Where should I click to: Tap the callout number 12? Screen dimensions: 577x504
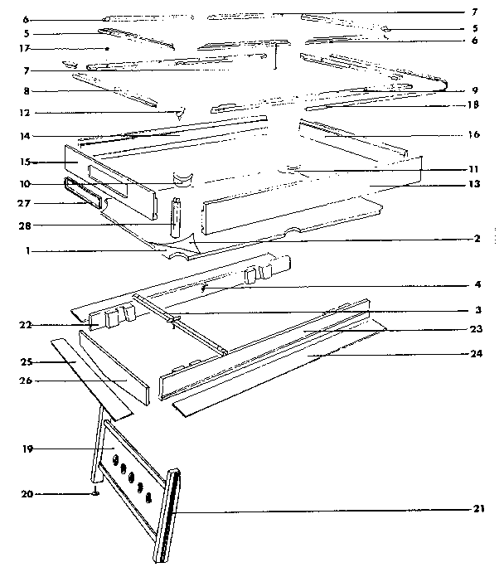click(27, 112)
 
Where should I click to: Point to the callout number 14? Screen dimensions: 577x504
click(27, 134)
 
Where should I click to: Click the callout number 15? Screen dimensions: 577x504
click(27, 161)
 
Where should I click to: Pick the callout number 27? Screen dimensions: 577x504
click(27, 201)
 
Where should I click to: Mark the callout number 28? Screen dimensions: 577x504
click(27, 225)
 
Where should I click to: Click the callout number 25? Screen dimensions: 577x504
click(27, 362)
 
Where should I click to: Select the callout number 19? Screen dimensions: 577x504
click(27, 449)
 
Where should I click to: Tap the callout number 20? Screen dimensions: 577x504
click(27, 494)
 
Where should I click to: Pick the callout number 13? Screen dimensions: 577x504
click(473, 183)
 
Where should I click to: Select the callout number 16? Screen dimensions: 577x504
click(473, 134)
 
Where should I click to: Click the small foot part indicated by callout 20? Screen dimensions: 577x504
click(97, 495)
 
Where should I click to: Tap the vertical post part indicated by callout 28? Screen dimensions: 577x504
click(176, 217)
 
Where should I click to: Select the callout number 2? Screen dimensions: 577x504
click(477, 238)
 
